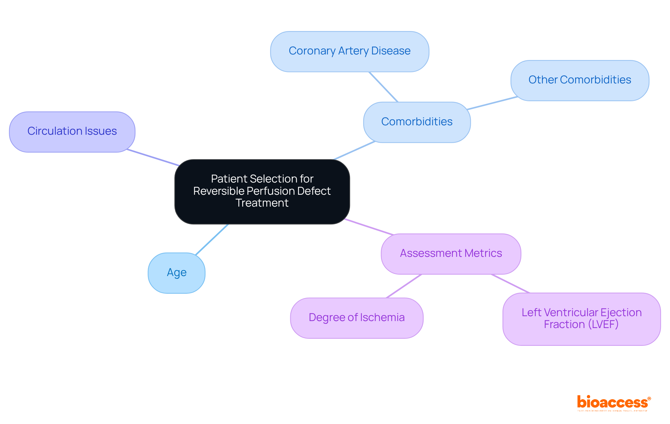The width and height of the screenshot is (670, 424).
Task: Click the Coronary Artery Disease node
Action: pos(349,52)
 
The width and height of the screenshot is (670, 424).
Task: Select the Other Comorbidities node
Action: pos(580,80)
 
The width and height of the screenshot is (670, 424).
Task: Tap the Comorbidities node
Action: pos(417,122)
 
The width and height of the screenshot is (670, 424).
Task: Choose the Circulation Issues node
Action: pos(72,132)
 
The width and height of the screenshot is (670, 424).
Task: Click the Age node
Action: pos(177,273)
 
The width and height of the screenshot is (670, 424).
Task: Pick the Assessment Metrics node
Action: pos(451,254)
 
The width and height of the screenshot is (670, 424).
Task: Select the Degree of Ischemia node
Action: pos(357,318)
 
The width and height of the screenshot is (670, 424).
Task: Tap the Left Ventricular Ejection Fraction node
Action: pos(581,319)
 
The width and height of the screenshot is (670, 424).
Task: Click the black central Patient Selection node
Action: pos(262,191)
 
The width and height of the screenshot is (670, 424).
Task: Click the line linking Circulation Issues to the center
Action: pos(153,157)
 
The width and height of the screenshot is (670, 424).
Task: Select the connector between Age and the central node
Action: pos(212,239)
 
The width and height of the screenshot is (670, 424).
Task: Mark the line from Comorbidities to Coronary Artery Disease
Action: pos(383,87)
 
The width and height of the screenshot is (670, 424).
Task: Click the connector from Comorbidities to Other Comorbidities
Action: pos(492,103)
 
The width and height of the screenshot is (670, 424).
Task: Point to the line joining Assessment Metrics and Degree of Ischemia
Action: pos(404,286)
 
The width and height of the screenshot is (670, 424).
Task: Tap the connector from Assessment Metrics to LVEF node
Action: pos(510,283)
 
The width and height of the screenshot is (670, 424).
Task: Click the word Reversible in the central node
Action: pos(219,191)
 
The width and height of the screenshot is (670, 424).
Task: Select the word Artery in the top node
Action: pos(352,51)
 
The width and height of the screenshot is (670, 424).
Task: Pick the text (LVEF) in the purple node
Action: pos(603,325)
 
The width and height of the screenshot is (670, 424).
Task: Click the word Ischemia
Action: pos(382,318)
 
